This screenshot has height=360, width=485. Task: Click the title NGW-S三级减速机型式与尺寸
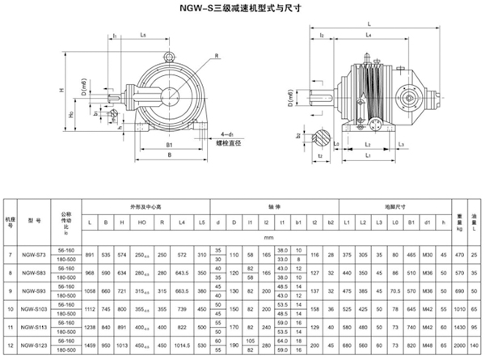242,9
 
